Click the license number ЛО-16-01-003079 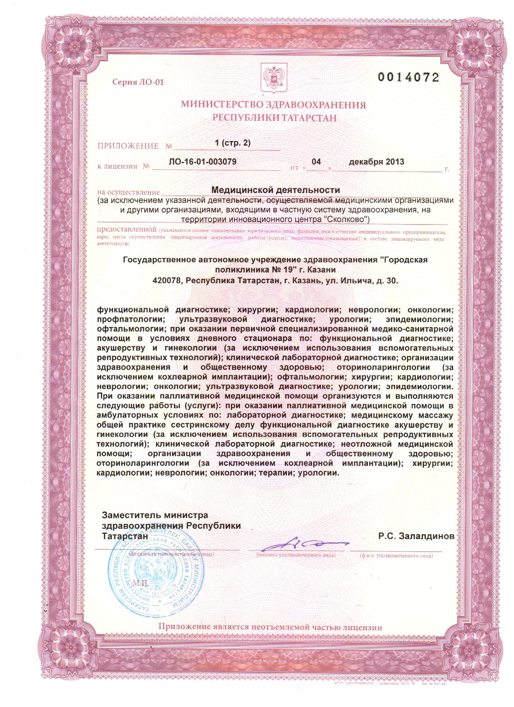point(202,162)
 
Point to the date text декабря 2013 point(376,162)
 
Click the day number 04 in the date point(316,162)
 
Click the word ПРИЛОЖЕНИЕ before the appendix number point(128,146)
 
